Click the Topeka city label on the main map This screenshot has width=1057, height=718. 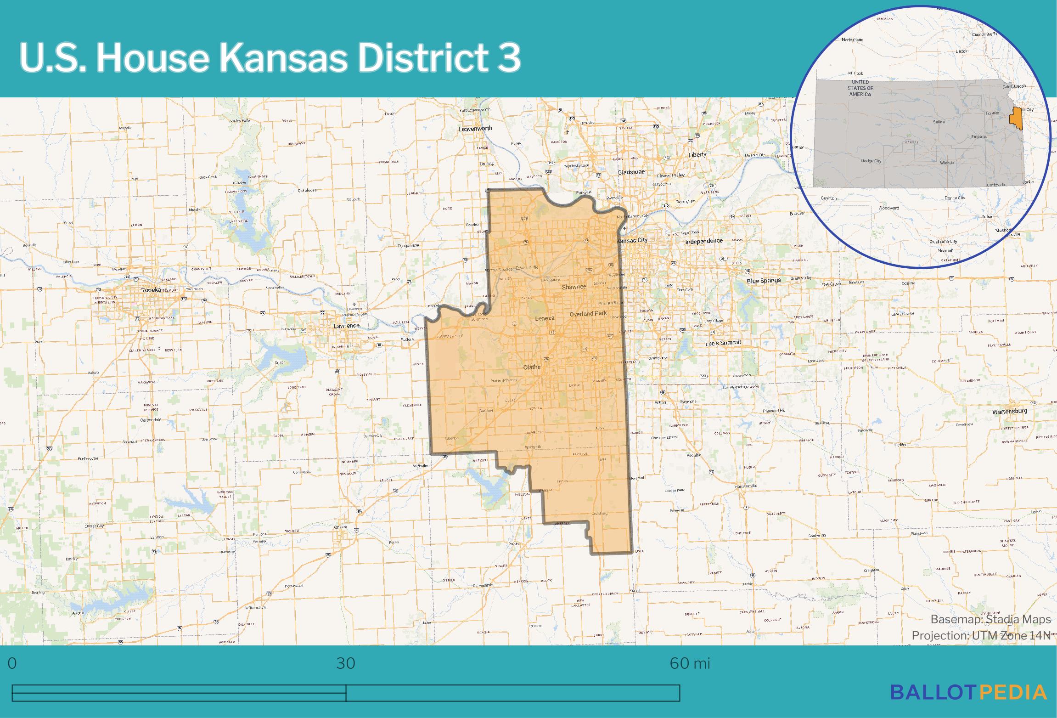[151, 290]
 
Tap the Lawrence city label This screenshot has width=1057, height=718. [347, 326]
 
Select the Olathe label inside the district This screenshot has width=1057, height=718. [532, 367]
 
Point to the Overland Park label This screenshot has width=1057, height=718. [588, 314]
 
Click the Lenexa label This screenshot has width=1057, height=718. [545, 318]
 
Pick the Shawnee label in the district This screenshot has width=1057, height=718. [574, 287]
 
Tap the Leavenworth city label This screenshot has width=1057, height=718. [475, 129]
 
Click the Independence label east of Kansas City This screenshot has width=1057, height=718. [704, 241]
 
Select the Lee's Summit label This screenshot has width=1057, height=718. [724, 343]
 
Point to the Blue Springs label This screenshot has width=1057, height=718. [764, 281]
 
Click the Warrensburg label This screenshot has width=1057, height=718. [1010, 412]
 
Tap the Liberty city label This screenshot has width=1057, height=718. [697, 155]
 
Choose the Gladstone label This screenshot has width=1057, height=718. [631, 172]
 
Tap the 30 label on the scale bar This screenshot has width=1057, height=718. [345, 663]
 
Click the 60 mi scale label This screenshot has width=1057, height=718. [690, 663]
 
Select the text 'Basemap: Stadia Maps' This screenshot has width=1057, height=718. [990, 620]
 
